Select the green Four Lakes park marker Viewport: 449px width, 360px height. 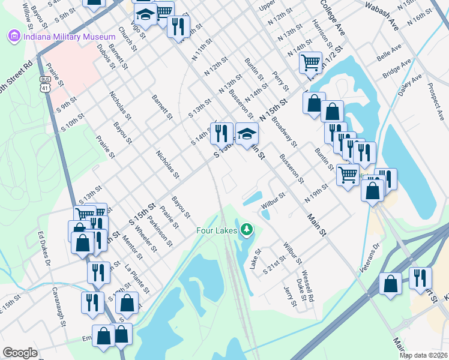(246, 230)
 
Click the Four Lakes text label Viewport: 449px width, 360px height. (217, 230)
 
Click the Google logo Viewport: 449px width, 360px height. (20, 352)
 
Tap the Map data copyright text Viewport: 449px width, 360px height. (424, 355)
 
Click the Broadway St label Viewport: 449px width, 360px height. (284, 131)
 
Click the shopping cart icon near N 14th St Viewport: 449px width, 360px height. (310, 63)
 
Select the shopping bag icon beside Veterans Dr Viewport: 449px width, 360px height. (391, 284)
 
